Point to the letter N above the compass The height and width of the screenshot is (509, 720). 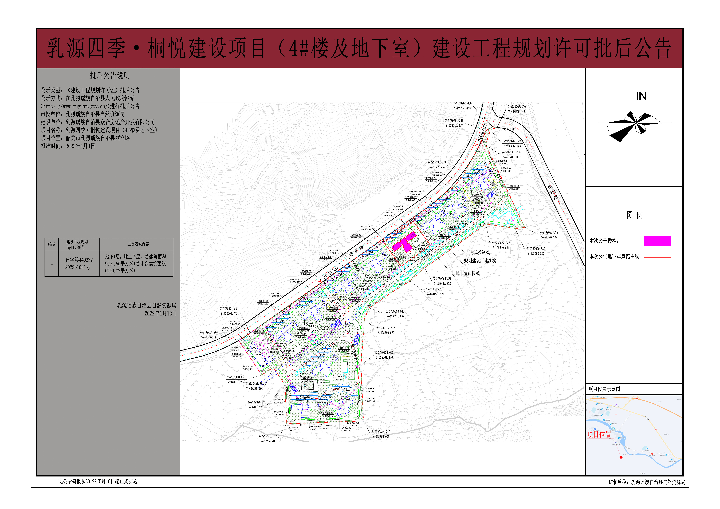pos(642,96)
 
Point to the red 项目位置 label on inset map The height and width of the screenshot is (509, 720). pos(599,434)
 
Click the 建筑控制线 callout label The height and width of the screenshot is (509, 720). pos(479,252)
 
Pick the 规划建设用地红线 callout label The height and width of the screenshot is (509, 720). pos(480,260)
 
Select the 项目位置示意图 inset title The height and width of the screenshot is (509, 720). pos(604,389)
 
